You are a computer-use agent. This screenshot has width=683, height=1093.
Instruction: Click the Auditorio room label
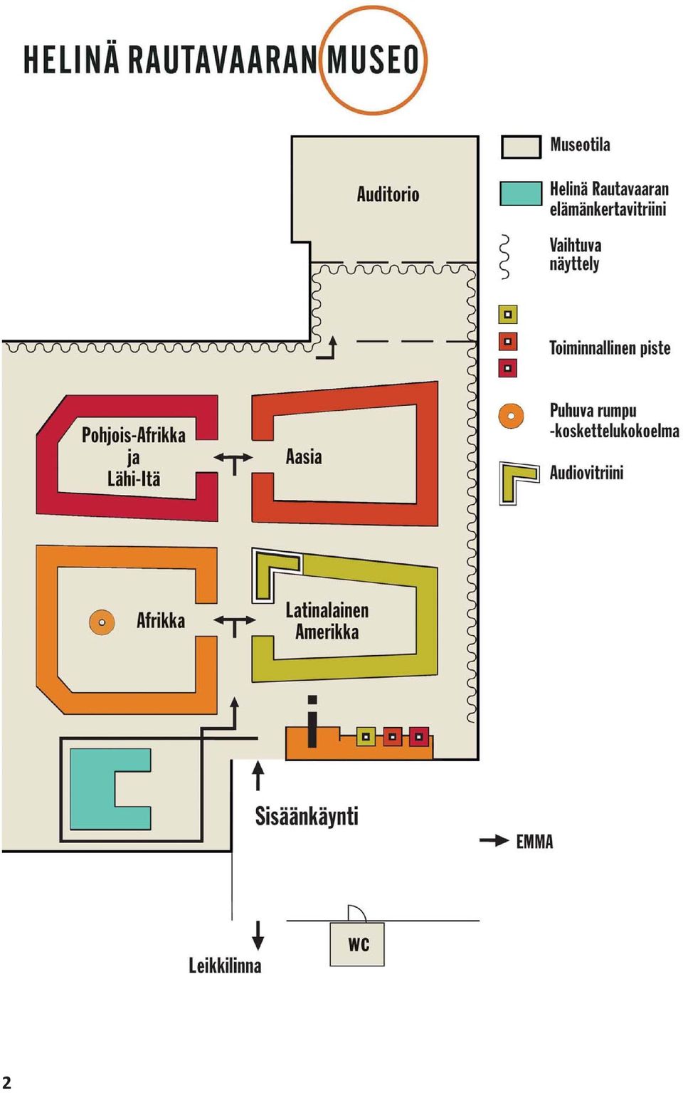click(x=388, y=194)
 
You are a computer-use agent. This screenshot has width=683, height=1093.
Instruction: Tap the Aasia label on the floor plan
click(x=304, y=457)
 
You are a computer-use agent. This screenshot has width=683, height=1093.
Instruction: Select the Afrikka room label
click(x=160, y=621)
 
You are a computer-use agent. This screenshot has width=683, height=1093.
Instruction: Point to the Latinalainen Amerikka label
click(x=327, y=621)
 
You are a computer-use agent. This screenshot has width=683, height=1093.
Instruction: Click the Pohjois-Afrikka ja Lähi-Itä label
click(x=134, y=456)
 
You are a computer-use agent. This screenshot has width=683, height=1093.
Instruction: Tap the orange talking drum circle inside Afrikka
click(x=102, y=622)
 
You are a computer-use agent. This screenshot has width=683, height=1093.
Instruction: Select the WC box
click(x=357, y=944)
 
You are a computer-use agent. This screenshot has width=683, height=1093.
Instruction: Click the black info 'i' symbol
click(x=312, y=721)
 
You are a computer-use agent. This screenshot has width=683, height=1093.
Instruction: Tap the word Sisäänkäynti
click(x=307, y=815)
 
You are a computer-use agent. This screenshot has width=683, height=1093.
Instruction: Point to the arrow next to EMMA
click(x=494, y=840)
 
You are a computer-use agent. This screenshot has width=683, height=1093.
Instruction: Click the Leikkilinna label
click(x=225, y=965)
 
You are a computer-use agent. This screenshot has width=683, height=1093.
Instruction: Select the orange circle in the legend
click(x=511, y=417)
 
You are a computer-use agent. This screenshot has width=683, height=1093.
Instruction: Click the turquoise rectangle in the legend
click(x=521, y=193)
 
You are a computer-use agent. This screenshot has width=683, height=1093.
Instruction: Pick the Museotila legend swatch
click(x=521, y=147)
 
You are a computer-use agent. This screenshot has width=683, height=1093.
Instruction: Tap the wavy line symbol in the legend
click(x=505, y=257)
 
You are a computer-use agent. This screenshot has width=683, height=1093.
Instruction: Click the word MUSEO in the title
click(x=373, y=60)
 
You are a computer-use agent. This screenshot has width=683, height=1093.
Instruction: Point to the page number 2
click(x=6, y=1082)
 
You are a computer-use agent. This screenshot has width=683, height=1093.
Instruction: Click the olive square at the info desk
click(x=366, y=737)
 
